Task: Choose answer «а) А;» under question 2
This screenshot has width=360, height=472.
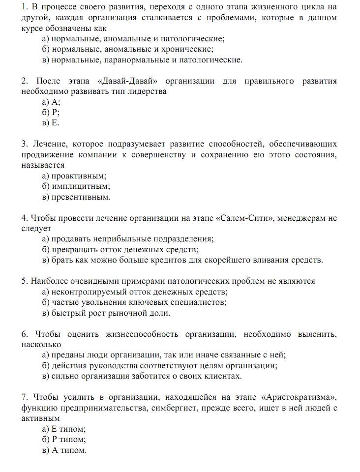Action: [51, 102]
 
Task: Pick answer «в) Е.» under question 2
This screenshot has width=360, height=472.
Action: [51, 123]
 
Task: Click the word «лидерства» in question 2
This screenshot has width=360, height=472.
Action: [149, 91]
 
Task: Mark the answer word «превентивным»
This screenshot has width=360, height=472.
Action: [81, 197]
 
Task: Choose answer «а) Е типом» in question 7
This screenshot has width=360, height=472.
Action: [64, 429]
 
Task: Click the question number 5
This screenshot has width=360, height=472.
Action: [25, 281]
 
